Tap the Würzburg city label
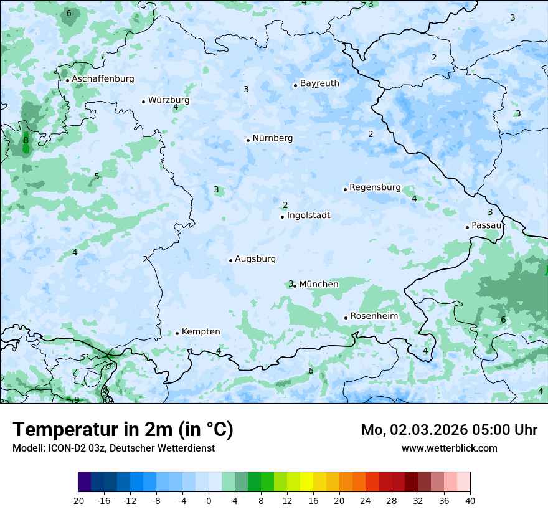pos(169,100)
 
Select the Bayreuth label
pos(319,83)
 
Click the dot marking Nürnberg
pos(248,140)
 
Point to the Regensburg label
pos(375,187)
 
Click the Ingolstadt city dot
pos(282,217)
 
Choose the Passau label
pos(486,225)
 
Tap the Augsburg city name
pos(255,259)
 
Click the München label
pos(319,285)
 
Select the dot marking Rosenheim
pos(346,318)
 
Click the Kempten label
pos(201,332)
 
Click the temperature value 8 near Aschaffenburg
pos(26,140)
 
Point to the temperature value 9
pos(77,399)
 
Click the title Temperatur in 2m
pos(123,429)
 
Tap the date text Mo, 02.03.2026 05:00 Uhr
pos(449,430)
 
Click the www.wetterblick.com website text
pos(449,448)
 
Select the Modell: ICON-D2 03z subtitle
pos(113,448)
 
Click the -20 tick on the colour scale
pos(78,500)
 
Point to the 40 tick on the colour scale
pos(470,500)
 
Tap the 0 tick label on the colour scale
pos(209,500)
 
